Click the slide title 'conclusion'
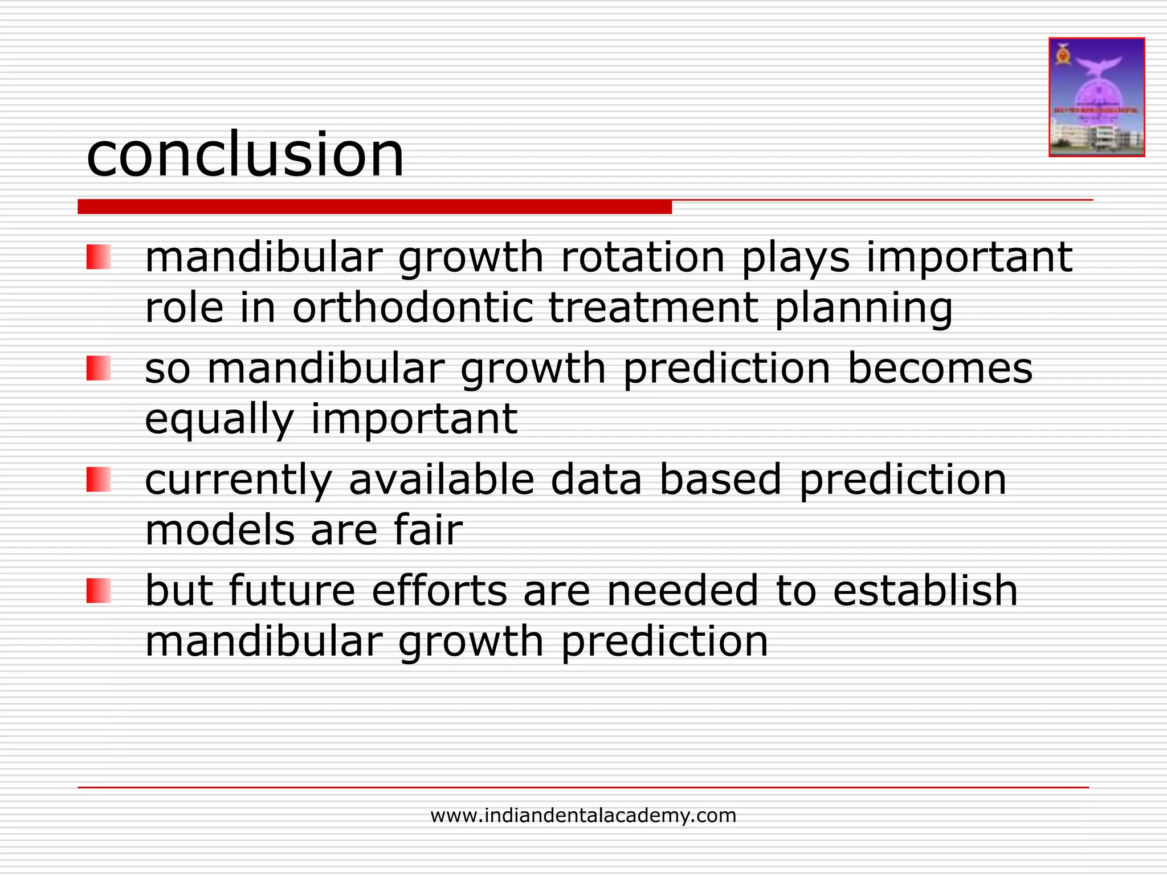245,155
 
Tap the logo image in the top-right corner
1096,97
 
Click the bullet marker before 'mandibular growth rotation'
98,257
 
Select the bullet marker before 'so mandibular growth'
98,368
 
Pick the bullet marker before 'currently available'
98,479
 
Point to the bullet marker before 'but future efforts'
98,590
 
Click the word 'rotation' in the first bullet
643,257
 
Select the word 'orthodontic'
413,308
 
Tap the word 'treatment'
653,308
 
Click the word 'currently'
238,480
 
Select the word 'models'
219,530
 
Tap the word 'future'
292,590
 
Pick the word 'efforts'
439,590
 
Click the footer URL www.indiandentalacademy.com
583,815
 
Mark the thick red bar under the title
374,207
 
